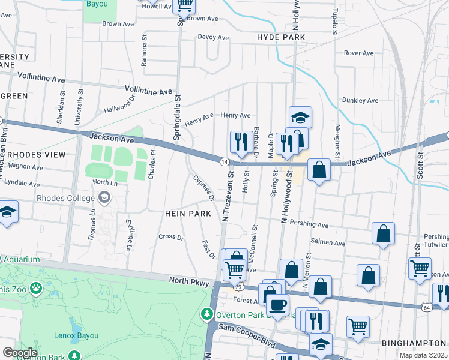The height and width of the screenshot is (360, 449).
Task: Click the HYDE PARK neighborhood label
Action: pos(281,37)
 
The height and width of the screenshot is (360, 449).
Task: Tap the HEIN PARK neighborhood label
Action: pos(187,214)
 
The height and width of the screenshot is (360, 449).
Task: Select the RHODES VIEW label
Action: pos(36,155)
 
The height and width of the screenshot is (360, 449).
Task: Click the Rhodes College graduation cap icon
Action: pos(104,197)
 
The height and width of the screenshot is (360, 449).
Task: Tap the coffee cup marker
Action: pos(278,305)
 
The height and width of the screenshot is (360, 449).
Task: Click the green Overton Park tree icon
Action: pos(207,314)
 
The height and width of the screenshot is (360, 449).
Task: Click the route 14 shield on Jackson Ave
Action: pos(224,162)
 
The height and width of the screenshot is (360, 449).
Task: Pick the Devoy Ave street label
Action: pos(214,37)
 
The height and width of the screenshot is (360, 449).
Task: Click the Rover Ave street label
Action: pos(359,53)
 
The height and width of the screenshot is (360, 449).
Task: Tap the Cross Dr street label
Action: pos(171,237)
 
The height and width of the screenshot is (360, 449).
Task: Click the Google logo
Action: pos(20,353)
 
